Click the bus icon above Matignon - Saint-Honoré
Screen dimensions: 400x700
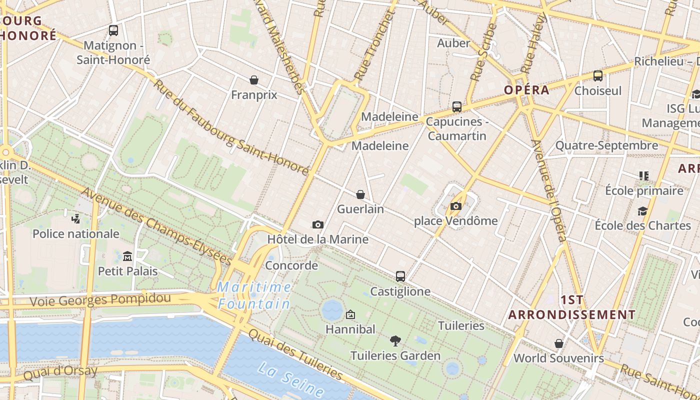tap(113, 30)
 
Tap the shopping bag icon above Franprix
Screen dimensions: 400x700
tap(254, 80)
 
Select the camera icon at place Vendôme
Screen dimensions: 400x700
tap(455, 206)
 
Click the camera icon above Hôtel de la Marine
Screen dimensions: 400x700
tap(317, 225)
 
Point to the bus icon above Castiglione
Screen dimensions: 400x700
tap(400, 276)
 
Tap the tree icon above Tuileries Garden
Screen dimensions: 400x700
tap(395, 341)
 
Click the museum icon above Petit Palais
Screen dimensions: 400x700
tap(127, 256)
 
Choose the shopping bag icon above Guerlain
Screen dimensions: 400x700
tap(360, 194)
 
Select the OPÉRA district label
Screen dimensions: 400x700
tap(526, 90)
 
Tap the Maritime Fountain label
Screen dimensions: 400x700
tap(254, 295)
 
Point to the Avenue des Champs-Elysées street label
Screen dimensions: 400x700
tap(157, 226)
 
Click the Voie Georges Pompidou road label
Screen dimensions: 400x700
tap(100, 300)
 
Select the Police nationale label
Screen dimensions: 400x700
tap(76, 234)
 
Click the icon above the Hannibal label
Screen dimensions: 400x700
tap(350, 314)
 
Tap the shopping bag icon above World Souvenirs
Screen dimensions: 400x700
tap(559, 343)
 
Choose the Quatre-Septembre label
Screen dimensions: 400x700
tap(607, 146)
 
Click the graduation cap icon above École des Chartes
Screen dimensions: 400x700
tap(642, 211)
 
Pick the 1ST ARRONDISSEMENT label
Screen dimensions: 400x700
tap(572, 307)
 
